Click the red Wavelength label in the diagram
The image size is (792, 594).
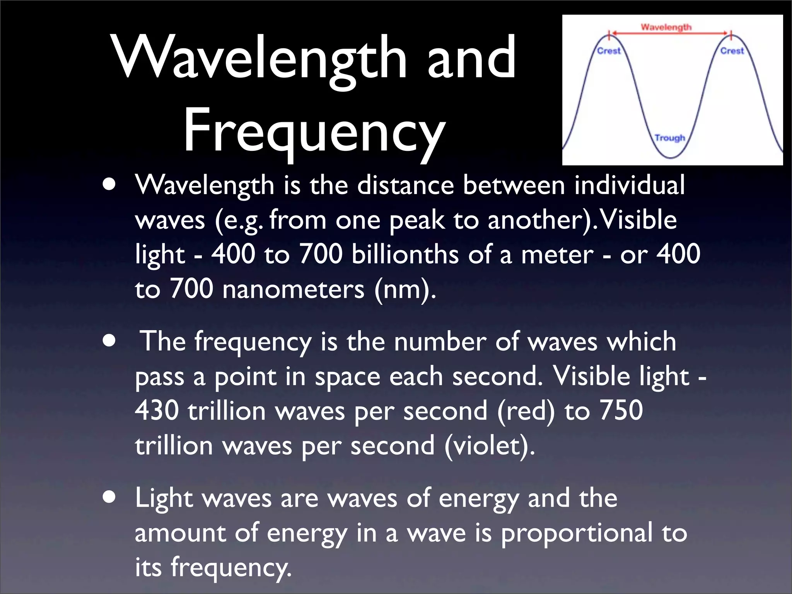tap(666, 27)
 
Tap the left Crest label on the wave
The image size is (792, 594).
tap(609, 51)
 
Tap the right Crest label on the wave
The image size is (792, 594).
tap(732, 51)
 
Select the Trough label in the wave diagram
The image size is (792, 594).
tap(670, 138)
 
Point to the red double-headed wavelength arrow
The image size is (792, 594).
tap(670, 34)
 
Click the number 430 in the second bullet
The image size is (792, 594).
tap(157, 410)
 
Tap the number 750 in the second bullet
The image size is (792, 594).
tap(621, 410)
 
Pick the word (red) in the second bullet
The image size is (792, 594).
tap(526, 411)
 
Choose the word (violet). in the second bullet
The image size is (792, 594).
tap(490, 445)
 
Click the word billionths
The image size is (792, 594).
tap(405, 254)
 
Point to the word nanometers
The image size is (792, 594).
tap(293, 289)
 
